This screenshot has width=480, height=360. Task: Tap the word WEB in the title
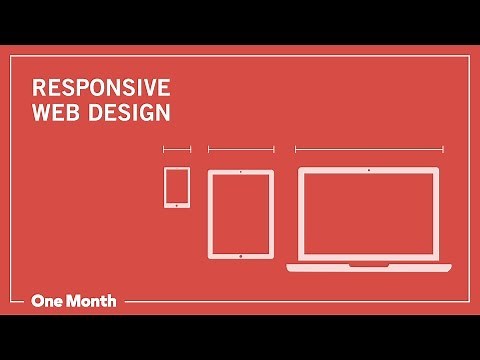click(x=53, y=112)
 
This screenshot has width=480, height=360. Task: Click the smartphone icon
click(x=177, y=187)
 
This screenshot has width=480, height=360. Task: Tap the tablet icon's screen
click(x=241, y=213)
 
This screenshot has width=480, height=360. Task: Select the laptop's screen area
click(x=369, y=215)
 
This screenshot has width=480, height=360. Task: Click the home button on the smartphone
click(x=177, y=205)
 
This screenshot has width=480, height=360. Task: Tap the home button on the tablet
click(x=241, y=254)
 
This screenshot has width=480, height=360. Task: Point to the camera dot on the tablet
click(x=241, y=173)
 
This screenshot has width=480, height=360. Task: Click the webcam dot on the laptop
click(x=369, y=172)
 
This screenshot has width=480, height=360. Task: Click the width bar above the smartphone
click(x=177, y=150)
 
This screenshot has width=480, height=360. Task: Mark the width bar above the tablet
click(x=241, y=150)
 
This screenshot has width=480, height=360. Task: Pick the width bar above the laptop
click(x=369, y=150)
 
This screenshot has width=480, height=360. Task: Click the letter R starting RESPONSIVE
click(x=38, y=87)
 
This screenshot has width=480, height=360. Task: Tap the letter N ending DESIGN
click(x=163, y=112)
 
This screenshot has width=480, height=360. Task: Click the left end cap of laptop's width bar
click(x=295, y=150)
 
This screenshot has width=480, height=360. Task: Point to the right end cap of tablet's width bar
click(x=274, y=150)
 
